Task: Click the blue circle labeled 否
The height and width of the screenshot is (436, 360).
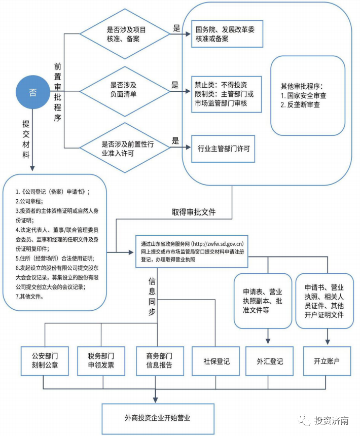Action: (33, 92)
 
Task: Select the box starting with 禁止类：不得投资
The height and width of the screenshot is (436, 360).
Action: (226, 94)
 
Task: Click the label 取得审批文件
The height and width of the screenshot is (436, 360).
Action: (193, 212)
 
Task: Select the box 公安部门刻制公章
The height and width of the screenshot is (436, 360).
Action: (45, 361)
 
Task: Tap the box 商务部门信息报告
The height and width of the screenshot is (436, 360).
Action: (159, 361)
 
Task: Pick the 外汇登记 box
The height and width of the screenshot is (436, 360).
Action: (270, 361)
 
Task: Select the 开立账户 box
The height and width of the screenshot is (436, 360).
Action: (327, 361)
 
